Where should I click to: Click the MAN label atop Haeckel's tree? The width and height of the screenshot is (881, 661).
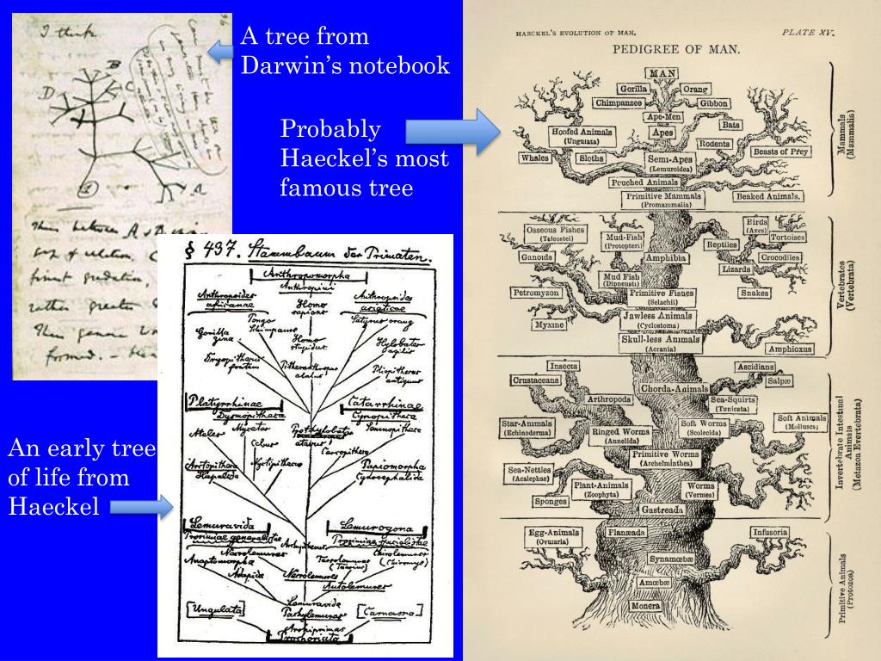(x=662, y=74)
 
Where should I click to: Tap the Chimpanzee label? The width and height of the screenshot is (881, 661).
(x=619, y=103)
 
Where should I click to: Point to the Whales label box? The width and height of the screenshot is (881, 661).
(x=534, y=158)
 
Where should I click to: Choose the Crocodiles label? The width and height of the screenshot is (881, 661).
(x=780, y=257)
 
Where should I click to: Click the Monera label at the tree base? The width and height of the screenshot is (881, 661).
(x=645, y=606)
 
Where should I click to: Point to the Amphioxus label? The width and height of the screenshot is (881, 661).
(x=789, y=349)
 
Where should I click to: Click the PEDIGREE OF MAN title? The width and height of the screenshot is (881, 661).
(x=675, y=49)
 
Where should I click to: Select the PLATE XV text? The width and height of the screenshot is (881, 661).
(x=808, y=33)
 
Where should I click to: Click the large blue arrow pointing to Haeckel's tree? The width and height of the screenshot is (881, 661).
(x=452, y=132)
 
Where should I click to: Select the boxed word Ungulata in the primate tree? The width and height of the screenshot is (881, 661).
(x=211, y=610)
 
